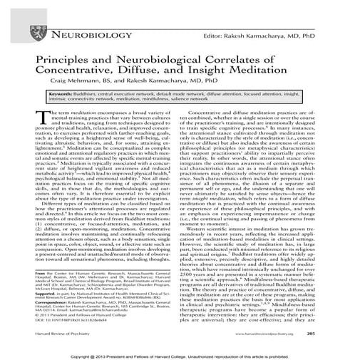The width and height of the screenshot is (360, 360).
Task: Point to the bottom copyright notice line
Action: coord(180,354)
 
